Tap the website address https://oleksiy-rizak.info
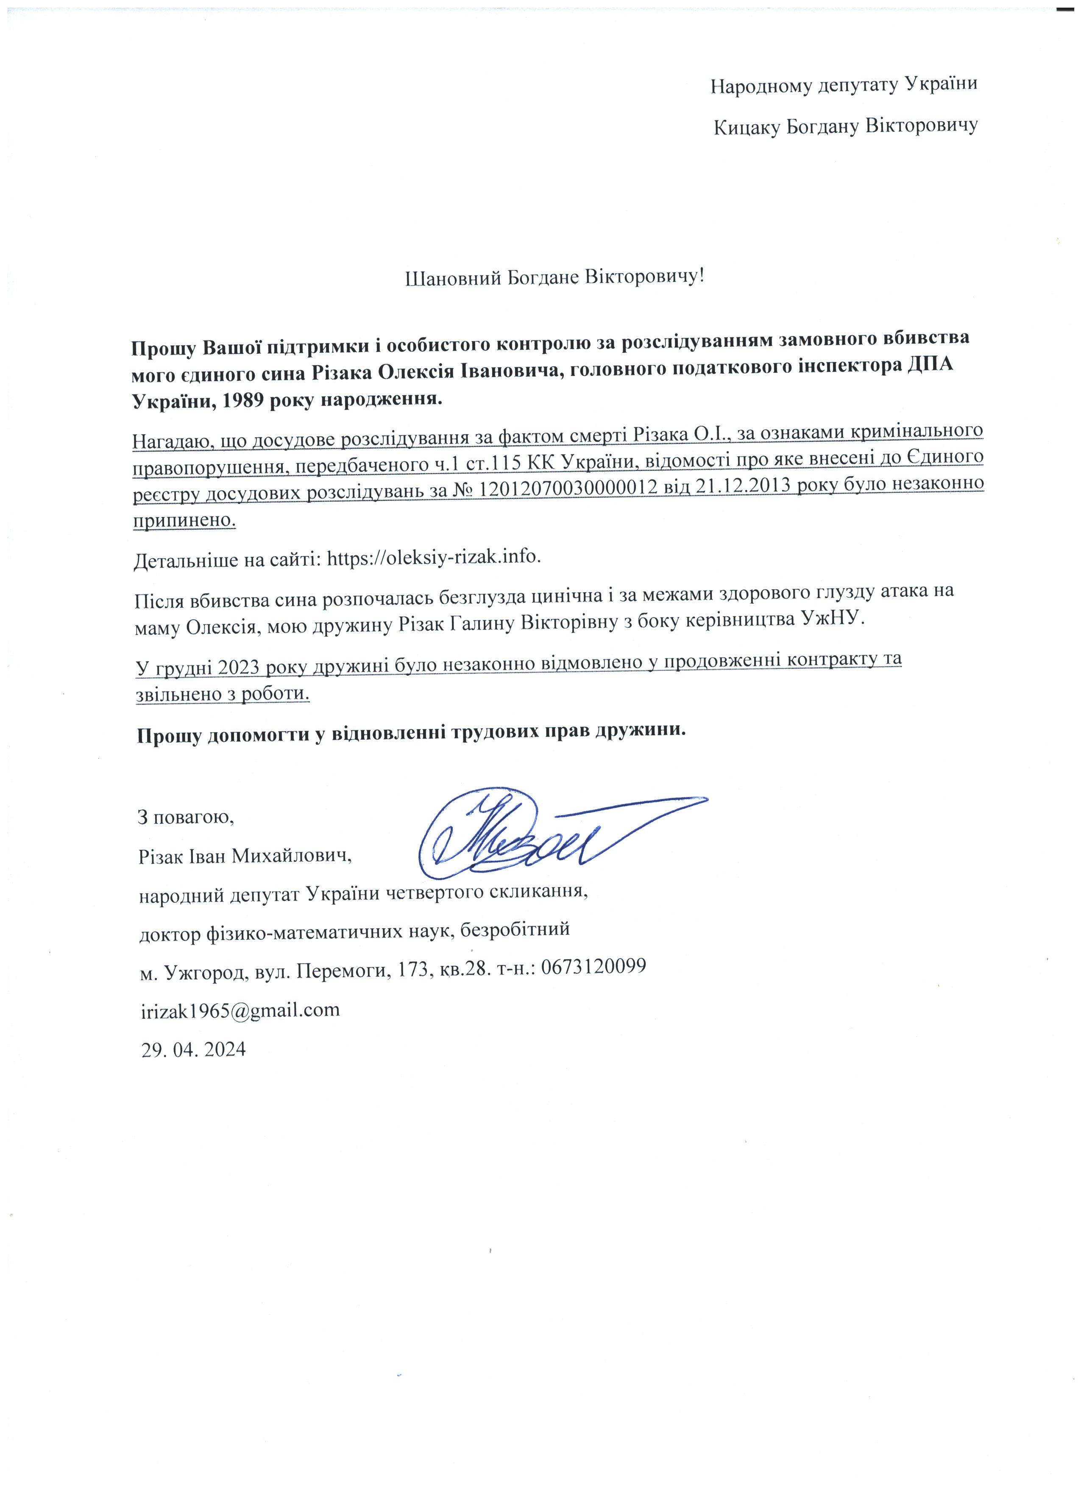pyautogui.click(x=434, y=557)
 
